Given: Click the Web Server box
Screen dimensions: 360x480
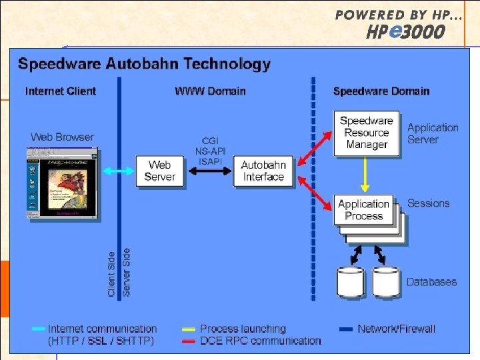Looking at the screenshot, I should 159,171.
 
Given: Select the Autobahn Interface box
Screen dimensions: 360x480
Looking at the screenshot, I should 263,171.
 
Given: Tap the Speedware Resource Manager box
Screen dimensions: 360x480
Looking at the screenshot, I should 366,133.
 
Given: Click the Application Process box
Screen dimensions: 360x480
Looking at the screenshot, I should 363,210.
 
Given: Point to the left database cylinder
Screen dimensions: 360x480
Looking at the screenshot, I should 351,282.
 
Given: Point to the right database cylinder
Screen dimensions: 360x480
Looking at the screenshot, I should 386,282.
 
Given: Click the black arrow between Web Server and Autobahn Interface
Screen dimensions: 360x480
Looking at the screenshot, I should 208,171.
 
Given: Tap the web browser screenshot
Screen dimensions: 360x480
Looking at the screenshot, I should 61,182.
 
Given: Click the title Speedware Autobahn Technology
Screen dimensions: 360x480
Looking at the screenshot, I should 144,64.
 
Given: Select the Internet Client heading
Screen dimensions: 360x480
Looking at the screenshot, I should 61,91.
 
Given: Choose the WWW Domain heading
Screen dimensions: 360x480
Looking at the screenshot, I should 210,91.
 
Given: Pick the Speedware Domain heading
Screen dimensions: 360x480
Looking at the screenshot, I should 381,91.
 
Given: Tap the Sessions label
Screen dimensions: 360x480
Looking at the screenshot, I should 428,203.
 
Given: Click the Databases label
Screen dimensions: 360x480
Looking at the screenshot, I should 432,282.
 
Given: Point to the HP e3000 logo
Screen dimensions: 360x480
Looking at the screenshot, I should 405,31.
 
